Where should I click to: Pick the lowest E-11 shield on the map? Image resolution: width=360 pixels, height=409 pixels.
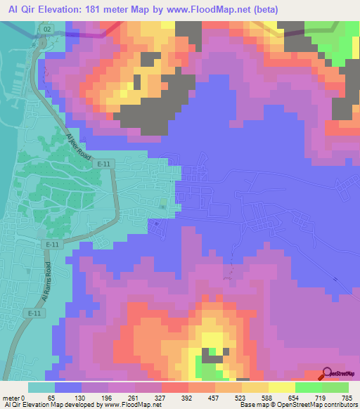pyautogui.click(x=33, y=312)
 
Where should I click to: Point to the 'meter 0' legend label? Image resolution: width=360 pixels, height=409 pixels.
pyautogui.click(x=17, y=397)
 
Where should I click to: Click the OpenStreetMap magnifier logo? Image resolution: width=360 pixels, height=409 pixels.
pyautogui.click(x=327, y=375)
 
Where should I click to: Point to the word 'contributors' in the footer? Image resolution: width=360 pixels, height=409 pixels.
pyautogui.click(x=338, y=405)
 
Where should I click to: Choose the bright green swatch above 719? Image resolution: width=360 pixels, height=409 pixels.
pyautogui.click(x=309, y=387)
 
